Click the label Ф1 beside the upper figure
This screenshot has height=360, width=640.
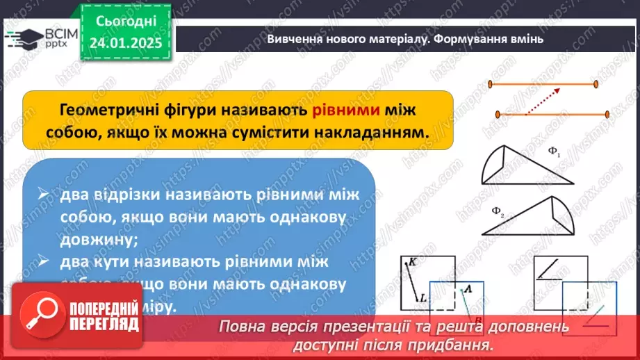point(554,154)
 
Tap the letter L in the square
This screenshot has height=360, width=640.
point(422,298)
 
